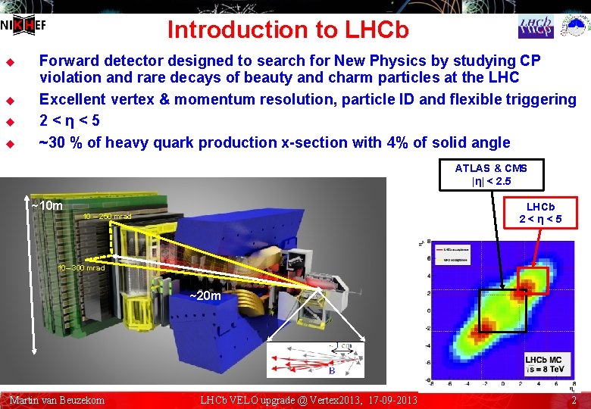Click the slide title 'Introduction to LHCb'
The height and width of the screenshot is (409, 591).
coord(288,30)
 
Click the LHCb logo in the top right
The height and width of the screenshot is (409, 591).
coord(536,27)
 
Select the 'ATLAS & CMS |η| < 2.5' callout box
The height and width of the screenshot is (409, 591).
coord(491,175)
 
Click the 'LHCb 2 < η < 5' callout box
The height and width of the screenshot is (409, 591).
coord(540,214)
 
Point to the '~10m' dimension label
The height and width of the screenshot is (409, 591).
coord(47,206)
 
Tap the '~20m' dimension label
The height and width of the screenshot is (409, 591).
coord(205,295)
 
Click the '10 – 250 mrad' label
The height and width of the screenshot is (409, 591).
coord(107,217)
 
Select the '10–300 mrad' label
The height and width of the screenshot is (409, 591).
coord(82,268)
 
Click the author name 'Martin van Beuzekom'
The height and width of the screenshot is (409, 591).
coord(57,400)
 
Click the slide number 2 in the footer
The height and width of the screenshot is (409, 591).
coord(574,400)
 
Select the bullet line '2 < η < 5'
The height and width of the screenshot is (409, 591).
coord(69,120)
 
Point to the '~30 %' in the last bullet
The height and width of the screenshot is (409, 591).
coord(61,142)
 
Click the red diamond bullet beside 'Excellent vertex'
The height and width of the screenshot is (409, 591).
coord(11,100)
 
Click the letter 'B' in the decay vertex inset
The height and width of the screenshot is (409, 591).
coord(330,371)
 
